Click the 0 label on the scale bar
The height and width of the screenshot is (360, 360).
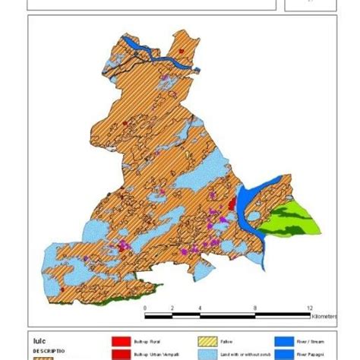coord(144,308)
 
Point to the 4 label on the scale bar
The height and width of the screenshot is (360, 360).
coord(200,308)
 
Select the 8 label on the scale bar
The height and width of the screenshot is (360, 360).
coord(254,308)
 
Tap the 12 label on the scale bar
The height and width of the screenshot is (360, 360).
coord(309,308)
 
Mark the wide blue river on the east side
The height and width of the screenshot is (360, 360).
coord(246,208)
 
